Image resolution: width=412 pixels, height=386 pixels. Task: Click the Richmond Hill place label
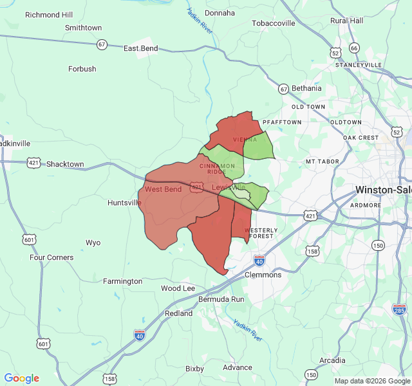49,14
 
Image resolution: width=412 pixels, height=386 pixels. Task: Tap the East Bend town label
140,48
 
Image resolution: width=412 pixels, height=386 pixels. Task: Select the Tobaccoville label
273,23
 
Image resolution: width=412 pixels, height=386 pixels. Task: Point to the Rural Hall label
346,21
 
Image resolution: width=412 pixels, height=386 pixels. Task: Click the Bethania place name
306,88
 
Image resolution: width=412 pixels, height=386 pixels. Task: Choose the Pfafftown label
282,122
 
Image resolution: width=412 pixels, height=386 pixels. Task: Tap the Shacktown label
65,164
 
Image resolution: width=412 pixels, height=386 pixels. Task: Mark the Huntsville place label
124,203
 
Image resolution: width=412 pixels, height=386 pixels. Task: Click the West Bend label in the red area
163,189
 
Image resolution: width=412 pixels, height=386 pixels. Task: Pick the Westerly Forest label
261,233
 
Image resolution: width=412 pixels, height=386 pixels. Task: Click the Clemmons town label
263,275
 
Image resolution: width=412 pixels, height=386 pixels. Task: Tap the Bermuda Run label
221,300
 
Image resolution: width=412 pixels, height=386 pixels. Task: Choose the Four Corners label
51,257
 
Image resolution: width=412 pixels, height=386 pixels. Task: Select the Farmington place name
122,281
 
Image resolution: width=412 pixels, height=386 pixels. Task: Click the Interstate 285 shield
399,309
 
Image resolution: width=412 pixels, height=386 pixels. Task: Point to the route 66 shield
354,48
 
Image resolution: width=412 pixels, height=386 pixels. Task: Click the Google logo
21,378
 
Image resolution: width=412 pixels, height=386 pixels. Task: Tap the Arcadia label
332,360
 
